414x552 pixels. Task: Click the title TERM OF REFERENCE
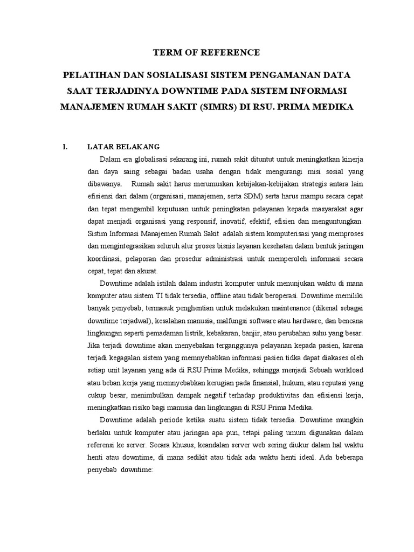207,52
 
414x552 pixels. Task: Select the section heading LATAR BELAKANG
123,147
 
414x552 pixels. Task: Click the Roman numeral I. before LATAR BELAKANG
65,147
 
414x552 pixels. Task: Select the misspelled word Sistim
97,233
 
